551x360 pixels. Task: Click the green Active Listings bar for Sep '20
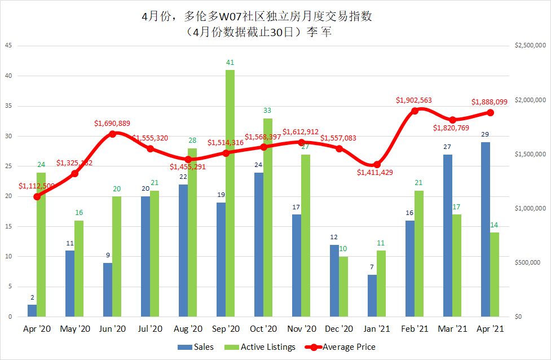[230, 193]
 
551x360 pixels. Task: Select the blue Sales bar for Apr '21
[485, 229]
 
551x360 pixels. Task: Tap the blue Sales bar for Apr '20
[32, 310]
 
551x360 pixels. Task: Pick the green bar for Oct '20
[268, 217]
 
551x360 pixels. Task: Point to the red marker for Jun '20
[112, 134]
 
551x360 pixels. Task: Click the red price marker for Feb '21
[415, 110]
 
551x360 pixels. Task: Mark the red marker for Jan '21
[377, 164]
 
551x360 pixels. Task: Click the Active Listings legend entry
[261, 347]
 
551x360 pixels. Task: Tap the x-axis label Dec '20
[339, 329]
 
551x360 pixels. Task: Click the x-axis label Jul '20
[150, 329]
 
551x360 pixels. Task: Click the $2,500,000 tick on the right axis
[530, 46]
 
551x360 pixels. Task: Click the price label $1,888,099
[490, 102]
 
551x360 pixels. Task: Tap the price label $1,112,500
[37, 186]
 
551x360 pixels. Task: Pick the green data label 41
[230, 63]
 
